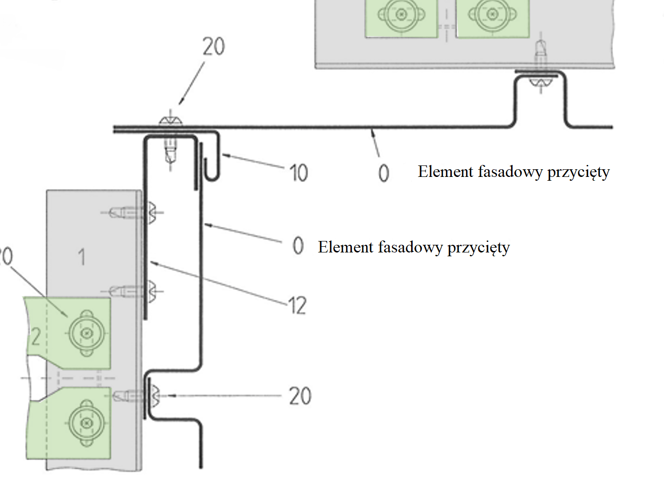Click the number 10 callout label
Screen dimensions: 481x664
[299, 173]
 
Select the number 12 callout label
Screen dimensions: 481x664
[297, 306]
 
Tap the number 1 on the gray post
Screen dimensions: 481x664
[82, 257]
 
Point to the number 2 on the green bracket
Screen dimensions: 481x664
[36, 337]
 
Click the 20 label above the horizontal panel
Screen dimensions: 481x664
[213, 47]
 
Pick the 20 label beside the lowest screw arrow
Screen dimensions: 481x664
[300, 396]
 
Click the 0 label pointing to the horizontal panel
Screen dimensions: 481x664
[383, 173]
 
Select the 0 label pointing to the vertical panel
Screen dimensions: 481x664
[298, 246]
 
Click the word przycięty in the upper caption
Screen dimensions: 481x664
[578, 172]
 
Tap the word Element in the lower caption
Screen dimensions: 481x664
[346, 247]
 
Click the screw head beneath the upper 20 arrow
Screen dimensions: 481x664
[171, 120]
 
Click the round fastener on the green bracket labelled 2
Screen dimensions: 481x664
[87, 332]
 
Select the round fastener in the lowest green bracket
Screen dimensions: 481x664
[87, 423]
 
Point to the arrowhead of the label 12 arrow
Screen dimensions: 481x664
[152, 262]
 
